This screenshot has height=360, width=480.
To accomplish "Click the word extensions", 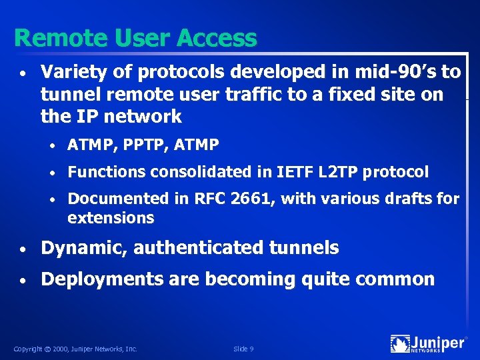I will pyautogui.click(x=111, y=218).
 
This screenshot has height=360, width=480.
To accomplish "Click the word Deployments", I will pyautogui.click(x=102, y=279).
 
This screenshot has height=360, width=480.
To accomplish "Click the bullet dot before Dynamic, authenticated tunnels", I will pyautogui.click(x=23, y=249).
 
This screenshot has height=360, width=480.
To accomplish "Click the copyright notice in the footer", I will pyautogui.click(x=75, y=349).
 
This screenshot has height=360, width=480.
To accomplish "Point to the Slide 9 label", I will pyautogui.click(x=243, y=349).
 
